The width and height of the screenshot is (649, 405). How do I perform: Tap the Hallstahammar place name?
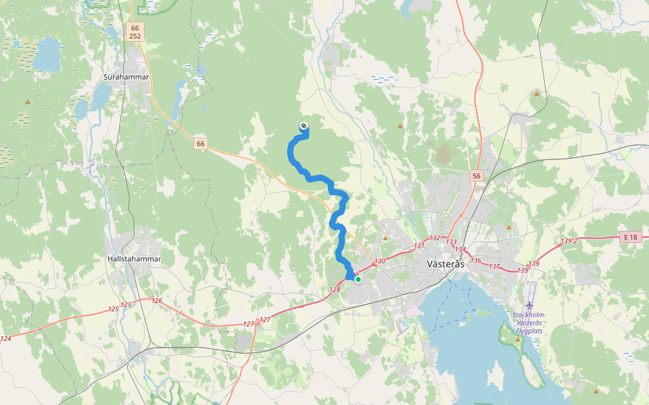click(x=133, y=259)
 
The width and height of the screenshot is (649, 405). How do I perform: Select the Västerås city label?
click(x=446, y=264)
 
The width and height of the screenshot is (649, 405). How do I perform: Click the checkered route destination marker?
click(x=304, y=126)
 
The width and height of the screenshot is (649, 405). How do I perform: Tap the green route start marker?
click(x=358, y=279)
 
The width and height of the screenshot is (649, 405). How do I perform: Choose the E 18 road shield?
click(x=630, y=237)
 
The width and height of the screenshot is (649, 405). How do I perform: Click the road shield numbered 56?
click(x=477, y=176)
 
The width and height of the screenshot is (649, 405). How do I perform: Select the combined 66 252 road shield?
click(x=135, y=32)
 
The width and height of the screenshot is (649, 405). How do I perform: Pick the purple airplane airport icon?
click(x=529, y=306)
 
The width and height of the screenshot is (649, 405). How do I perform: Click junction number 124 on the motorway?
click(x=6, y=339)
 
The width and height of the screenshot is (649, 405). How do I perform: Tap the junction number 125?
click(x=113, y=308)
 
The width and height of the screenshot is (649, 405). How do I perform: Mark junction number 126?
click(x=157, y=301)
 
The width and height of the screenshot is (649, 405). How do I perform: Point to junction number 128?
click(x=335, y=290)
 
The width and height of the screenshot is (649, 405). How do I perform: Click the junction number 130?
click(x=379, y=261)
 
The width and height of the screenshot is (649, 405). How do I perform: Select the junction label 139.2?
click(x=569, y=241)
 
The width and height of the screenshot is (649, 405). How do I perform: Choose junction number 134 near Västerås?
click(x=461, y=250)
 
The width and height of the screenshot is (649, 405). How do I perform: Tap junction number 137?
click(x=494, y=267)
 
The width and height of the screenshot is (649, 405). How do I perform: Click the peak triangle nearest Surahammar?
click(x=28, y=102)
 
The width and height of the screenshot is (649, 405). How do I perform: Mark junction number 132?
click(x=435, y=238)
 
